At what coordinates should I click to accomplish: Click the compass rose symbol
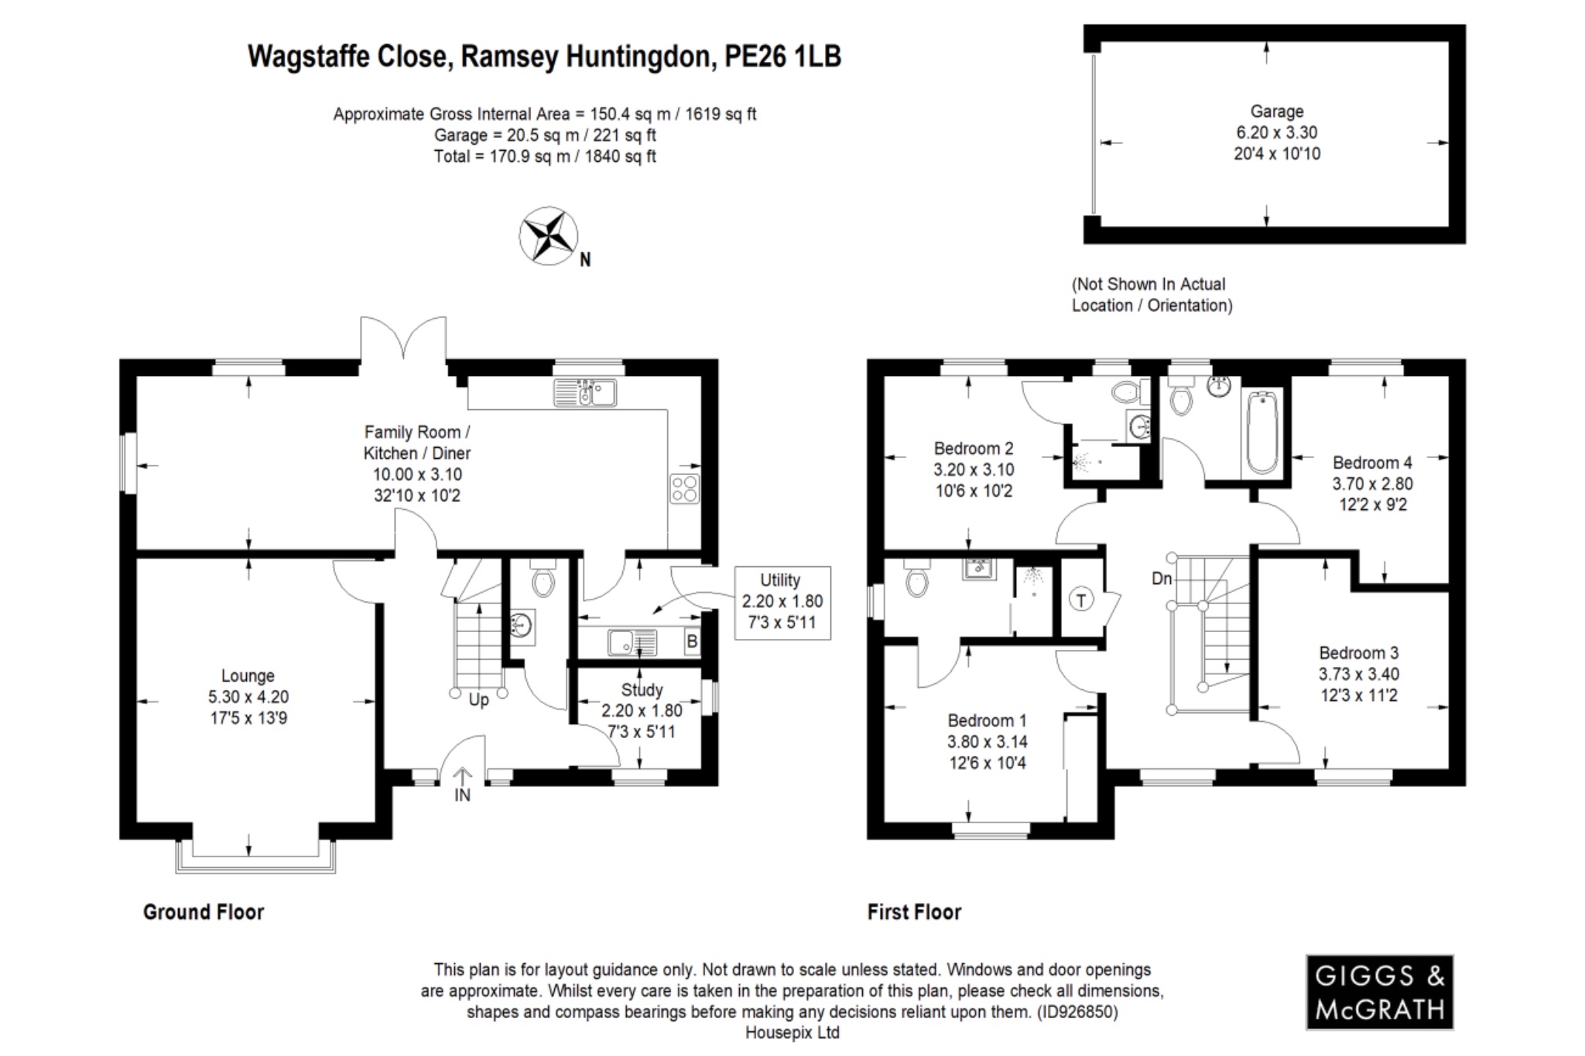pos(548,235)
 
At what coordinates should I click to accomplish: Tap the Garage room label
pos(1276,111)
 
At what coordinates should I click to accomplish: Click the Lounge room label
pos(248,675)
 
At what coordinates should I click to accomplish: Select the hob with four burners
pos(685,489)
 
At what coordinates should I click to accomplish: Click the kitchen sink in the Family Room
pos(585,393)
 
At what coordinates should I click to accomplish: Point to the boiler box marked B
pos(692,641)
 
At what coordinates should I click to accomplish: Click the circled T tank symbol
pos(1081,600)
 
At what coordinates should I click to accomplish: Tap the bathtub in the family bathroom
pos(1262,432)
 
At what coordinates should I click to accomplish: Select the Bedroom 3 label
pos(1358,653)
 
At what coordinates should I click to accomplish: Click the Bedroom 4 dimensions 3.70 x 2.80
pos(1372,484)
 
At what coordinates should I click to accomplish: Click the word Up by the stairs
pos(479,700)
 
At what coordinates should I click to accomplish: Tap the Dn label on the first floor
pos(1162,579)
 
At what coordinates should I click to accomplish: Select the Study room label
pos(642,690)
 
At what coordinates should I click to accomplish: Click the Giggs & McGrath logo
pos(1379,992)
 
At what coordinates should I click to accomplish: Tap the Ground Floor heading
pos(204,912)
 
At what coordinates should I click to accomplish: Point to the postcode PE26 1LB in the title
pos(782,56)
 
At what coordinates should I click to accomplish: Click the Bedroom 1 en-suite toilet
pos(917,580)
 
